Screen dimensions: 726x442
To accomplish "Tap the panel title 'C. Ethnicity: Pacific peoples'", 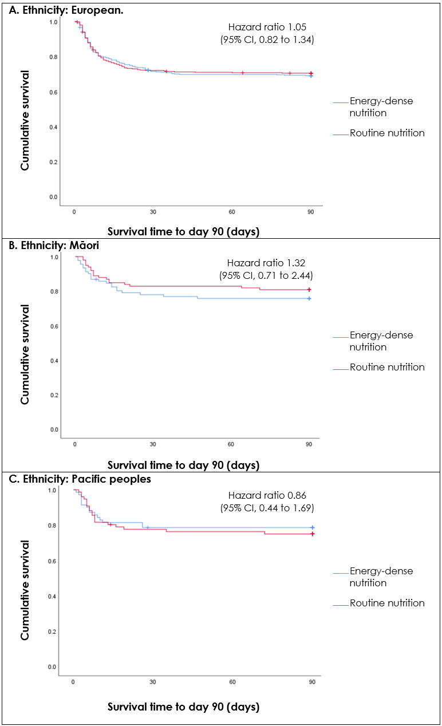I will point(78,479).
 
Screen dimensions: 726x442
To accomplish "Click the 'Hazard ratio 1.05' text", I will point(267,27).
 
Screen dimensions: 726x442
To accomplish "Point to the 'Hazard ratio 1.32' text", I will point(266,263).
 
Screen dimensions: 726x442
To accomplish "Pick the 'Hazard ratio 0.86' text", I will point(267,495).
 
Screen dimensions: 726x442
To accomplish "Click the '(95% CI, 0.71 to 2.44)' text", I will point(266,275).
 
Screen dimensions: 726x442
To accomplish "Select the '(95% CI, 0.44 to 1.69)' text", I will point(267,508).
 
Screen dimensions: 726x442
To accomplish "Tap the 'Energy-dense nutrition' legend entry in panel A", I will point(381,107).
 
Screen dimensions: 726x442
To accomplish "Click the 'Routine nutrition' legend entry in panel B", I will point(387,367).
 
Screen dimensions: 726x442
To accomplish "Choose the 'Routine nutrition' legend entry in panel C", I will point(387,603).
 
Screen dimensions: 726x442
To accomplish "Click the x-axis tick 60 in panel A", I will point(232,212).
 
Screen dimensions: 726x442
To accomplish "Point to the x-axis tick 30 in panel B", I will point(153,444).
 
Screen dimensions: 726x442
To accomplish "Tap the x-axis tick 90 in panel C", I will point(312,682).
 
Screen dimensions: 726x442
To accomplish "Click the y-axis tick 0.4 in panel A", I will point(53,127).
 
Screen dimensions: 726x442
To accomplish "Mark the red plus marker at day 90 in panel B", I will point(309,290).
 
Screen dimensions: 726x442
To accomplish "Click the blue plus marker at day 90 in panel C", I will point(312,527).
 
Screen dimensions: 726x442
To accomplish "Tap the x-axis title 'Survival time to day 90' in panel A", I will point(183,231).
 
